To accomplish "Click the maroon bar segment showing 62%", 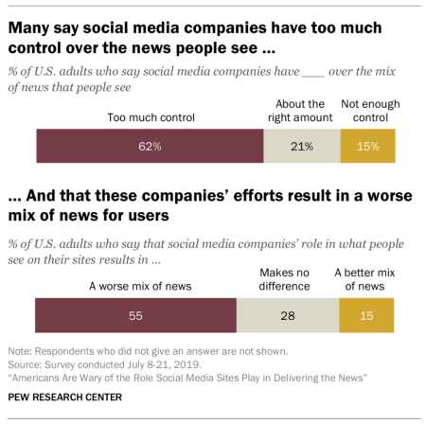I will tap(150, 147).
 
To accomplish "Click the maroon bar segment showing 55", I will tap(135, 313).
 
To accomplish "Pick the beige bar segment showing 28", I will tap(287, 313).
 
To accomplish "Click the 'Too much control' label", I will tap(150, 119).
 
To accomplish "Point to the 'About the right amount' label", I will tap(298, 112).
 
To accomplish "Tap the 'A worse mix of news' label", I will tap(135, 286).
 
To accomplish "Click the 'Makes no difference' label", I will tap(287, 278).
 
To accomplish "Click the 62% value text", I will tap(150, 147).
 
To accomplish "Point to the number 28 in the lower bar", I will tap(287, 313).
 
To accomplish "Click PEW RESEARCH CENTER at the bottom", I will tap(65, 396).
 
